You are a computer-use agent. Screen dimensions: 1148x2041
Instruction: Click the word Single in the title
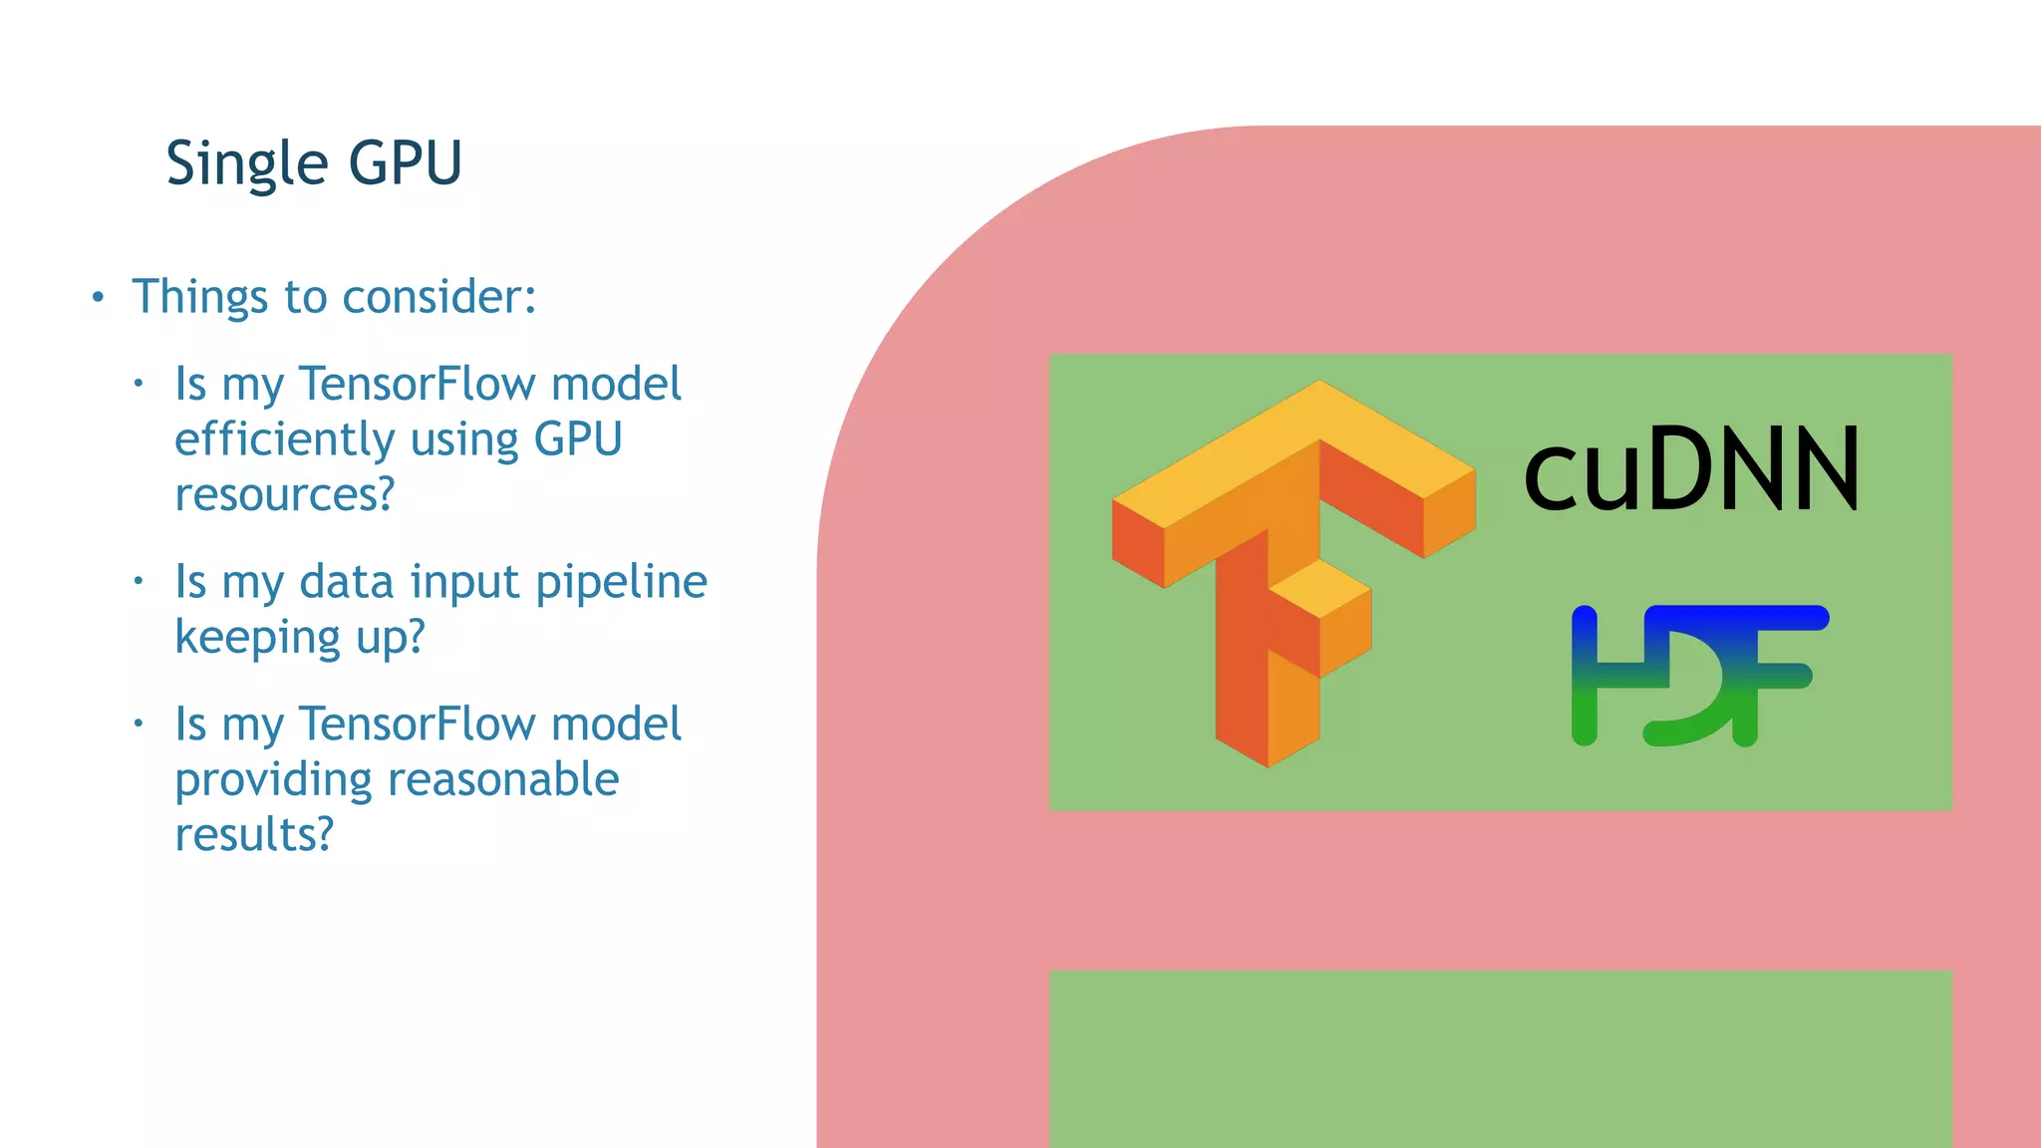click(x=247, y=164)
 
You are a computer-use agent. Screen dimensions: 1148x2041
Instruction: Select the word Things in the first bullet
click(x=199, y=297)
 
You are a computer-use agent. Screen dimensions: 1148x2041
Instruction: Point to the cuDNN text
click(x=1691, y=468)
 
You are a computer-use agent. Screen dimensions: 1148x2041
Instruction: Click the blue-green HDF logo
click(x=1699, y=675)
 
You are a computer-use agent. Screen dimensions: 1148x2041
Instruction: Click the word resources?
click(x=285, y=494)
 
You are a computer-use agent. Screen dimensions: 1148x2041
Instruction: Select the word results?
click(x=254, y=835)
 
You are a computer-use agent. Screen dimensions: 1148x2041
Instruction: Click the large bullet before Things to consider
click(x=98, y=297)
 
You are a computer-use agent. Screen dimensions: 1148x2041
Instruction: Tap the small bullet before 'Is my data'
click(x=140, y=580)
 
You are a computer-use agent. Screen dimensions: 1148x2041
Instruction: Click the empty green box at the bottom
click(x=1500, y=1058)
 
